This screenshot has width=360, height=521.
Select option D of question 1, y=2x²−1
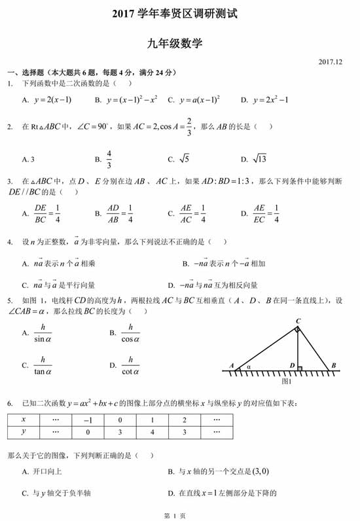(x=264, y=100)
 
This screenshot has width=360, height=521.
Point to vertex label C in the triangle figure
(x=298, y=320)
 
